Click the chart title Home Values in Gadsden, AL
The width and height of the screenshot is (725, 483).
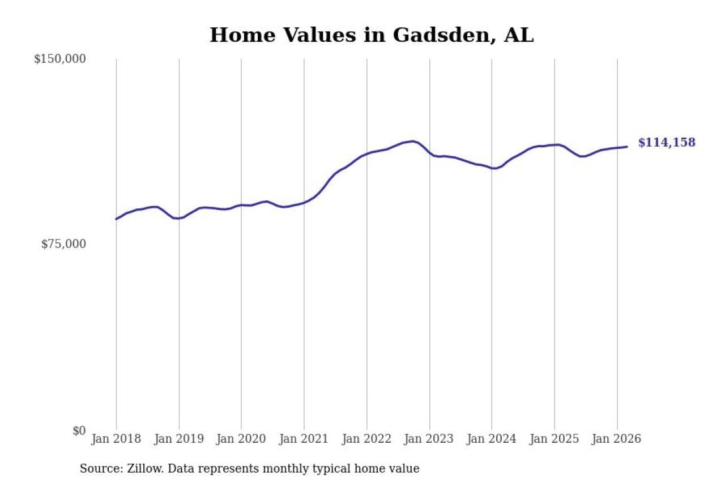tap(372, 35)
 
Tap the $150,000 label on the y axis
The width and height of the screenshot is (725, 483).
tap(59, 59)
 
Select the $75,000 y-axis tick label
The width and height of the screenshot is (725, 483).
tap(63, 244)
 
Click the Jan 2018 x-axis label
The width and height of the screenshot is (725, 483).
tap(116, 439)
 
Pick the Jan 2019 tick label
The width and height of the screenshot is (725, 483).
tap(179, 439)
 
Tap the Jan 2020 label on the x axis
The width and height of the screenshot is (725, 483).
tap(241, 439)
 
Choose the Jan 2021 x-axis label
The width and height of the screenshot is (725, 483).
tap(304, 439)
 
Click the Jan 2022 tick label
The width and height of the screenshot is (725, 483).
tap(366, 439)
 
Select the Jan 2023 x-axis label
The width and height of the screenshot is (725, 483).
tap(429, 439)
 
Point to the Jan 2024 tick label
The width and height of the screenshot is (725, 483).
tap(492, 439)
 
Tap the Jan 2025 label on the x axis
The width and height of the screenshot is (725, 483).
tap(555, 439)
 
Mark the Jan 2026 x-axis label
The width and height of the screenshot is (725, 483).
tap(617, 439)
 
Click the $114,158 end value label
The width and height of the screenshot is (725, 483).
tap(667, 143)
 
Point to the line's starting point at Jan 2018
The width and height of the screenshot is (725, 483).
tap(116, 219)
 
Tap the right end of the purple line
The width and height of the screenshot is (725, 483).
tap(627, 147)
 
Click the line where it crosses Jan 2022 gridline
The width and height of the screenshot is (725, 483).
tap(366, 153)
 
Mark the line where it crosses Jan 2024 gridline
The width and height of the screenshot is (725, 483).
tap(492, 168)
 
